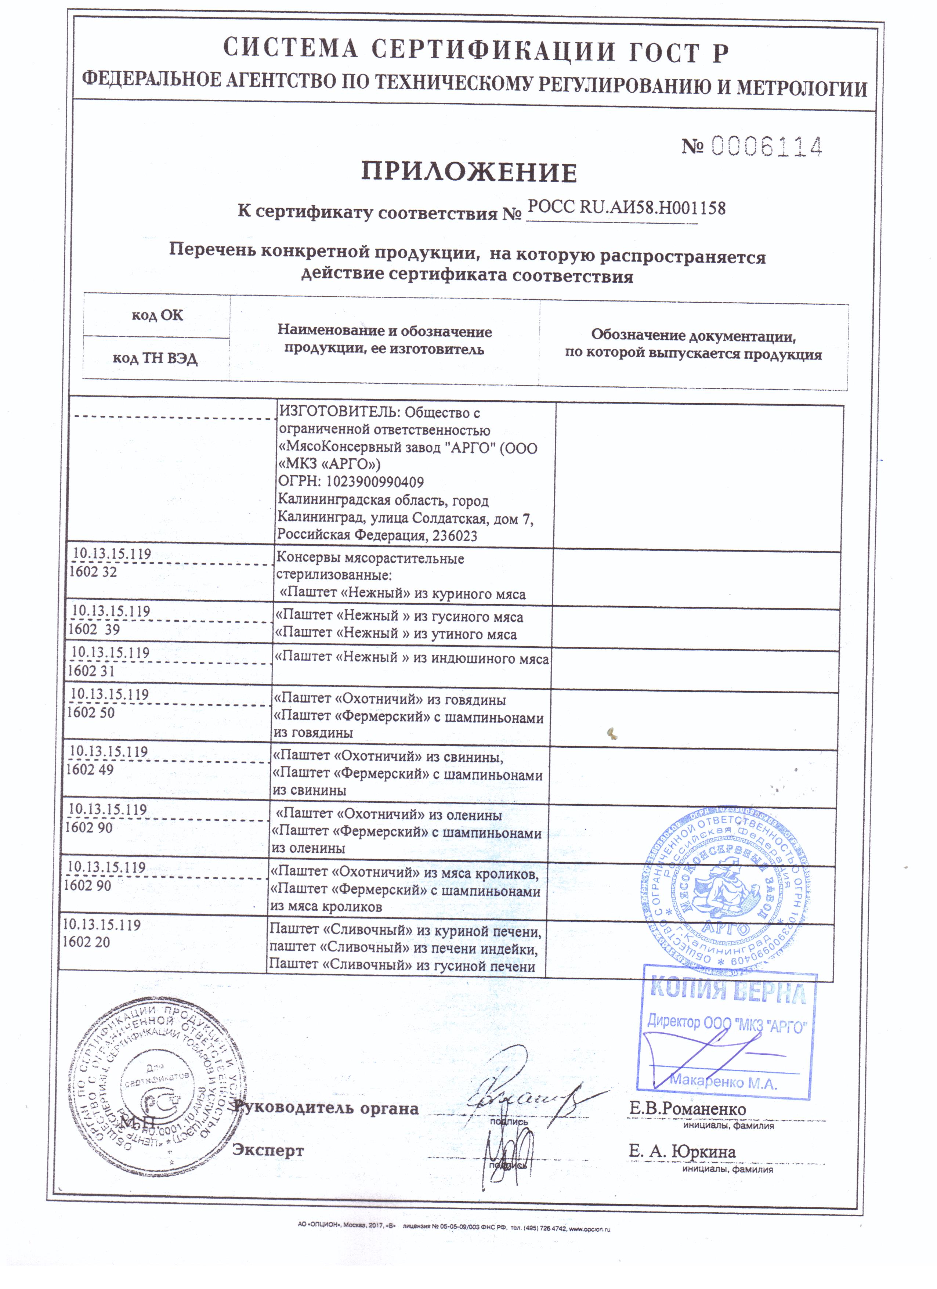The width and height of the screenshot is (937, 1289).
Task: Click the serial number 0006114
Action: tap(766, 147)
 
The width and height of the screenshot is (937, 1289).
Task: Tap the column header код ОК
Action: tap(158, 315)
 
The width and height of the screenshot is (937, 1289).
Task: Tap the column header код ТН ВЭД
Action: tap(155, 358)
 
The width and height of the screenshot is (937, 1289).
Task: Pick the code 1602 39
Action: tap(94, 629)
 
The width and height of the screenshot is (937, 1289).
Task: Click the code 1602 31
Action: tap(91, 671)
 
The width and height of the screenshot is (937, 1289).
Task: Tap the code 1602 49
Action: tap(90, 770)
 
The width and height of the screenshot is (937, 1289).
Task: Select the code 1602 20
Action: tap(86, 942)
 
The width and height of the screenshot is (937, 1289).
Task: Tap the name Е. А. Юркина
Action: tap(682, 1151)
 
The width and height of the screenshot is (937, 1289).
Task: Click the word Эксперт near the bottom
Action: tap(268, 1150)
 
